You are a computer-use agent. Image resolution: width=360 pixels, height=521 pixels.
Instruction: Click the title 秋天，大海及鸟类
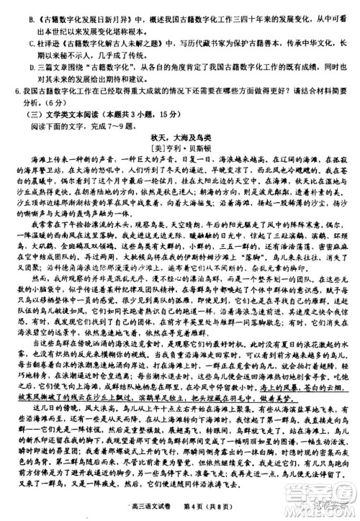(179, 135)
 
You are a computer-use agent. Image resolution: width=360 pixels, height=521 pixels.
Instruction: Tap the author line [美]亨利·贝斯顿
(179, 145)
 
